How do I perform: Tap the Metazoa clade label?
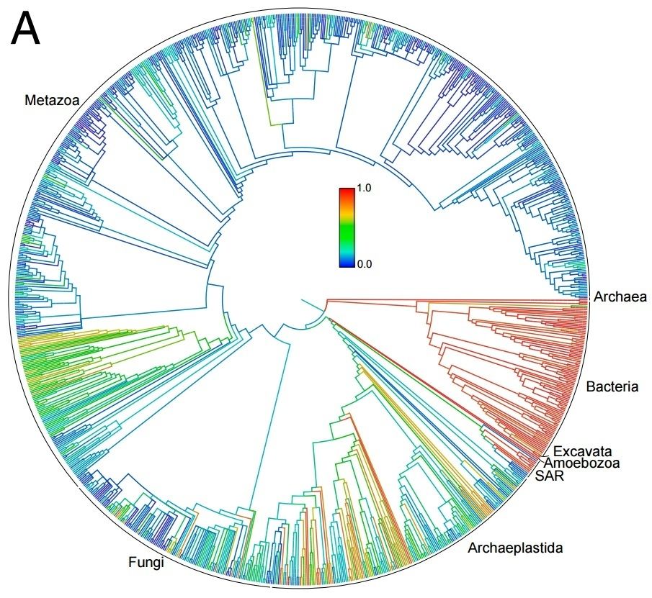(x=52, y=100)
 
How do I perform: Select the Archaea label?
(x=620, y=297)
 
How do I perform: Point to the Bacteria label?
(x=612, y=386)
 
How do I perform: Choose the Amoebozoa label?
(x=581, y=463)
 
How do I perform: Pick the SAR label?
(x=549, y=476)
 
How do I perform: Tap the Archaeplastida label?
(x=515, y=548)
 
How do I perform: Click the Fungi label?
(x=146, y=563)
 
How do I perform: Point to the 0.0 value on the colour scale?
(x=364, y=264)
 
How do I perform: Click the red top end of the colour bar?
(x=347, y=191)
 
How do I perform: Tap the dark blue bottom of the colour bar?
(x=347, y=263)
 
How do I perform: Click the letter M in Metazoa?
(x=30, y=100)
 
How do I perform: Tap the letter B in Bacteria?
(x=591, y=386)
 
